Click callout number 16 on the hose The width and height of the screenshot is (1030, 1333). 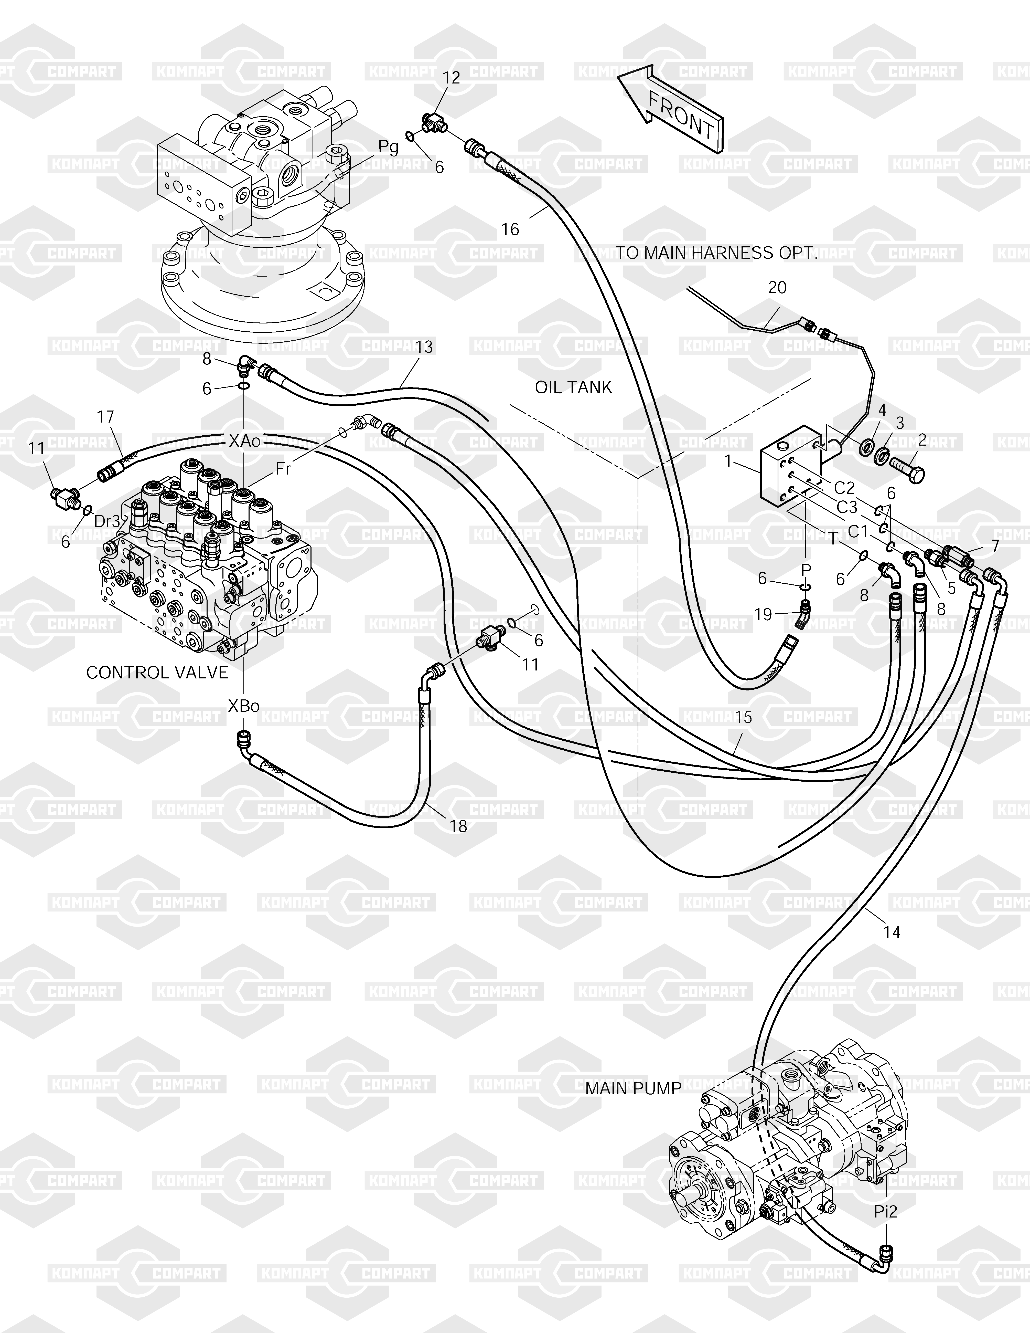point(510,229)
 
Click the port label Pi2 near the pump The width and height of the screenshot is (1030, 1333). point(885,1212)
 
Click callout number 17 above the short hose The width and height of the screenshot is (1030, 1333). point(105,417)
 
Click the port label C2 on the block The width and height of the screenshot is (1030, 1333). point(844,487)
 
